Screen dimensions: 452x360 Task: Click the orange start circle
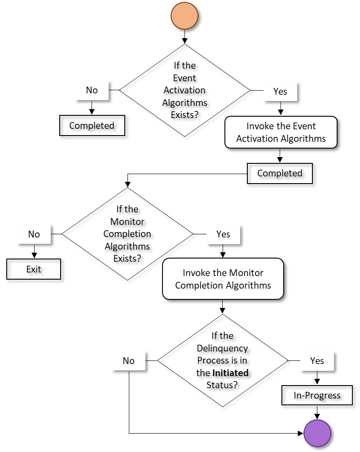tap(184, 16)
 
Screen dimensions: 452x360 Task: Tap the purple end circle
tap(317, 433)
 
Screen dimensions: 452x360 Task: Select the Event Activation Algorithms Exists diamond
tap(184, 90)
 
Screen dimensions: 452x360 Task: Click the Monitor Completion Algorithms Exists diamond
tap(127, 234)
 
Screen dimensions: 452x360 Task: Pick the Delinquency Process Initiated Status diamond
tap(222, 360)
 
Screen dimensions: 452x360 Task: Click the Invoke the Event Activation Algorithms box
tap(281, 132)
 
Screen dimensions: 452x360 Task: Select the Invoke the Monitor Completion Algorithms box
tap(223, 279)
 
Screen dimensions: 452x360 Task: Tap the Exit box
tap(34, 269)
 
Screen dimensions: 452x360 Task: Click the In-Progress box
tap(317, 395)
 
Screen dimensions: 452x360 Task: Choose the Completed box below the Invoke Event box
tap(280, 173)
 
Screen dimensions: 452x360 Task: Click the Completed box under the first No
tap(92, 125)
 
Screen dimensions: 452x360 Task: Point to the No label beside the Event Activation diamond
tap(92, 90)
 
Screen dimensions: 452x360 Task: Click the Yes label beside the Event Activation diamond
tap(280, 92)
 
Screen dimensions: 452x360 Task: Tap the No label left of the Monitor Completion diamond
tap(34, 234)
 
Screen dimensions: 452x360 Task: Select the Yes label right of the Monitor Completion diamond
tap(223, 234)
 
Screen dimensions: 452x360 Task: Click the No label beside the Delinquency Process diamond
tap(128, 360)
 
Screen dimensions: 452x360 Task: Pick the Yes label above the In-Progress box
tap(317, 360)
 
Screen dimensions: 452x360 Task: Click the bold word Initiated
tap(230, 373)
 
